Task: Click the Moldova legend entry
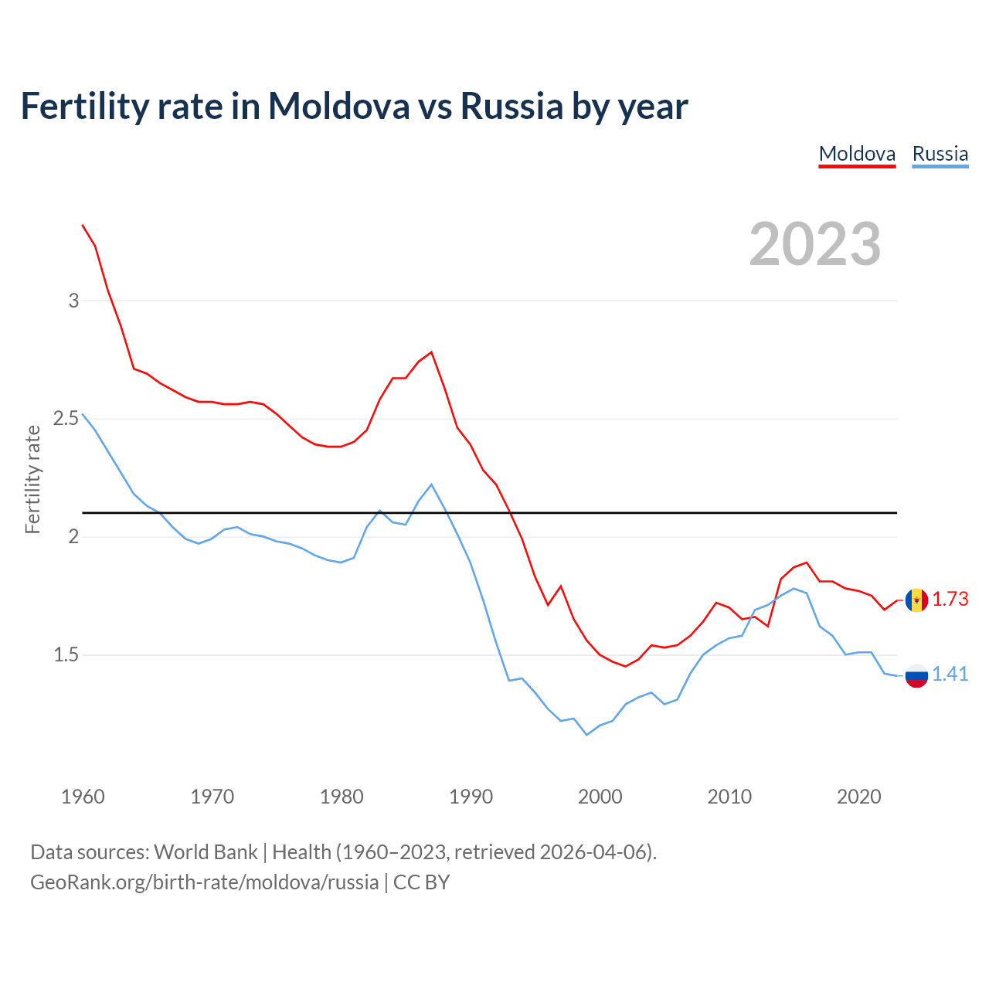pos(857,154)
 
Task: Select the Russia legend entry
pos(940,154)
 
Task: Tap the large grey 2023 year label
pos(815,244)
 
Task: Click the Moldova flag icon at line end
pos(916,600)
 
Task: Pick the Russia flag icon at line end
pos(916,675)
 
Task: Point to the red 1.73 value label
pos(950,599)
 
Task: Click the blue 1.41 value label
pos(950,674)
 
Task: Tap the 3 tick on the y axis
pos(74,301)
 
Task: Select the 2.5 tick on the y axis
pos(66,419)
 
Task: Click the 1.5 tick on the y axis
pos(66,655)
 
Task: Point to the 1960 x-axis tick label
pos(83,797)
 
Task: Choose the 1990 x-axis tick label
pos(471,797)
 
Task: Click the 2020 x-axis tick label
pos(858,797)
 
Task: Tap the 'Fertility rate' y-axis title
pos(32,479)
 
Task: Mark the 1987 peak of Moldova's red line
pos(431,352)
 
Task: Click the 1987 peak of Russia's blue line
pos(431,484)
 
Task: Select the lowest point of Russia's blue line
pos(587,735)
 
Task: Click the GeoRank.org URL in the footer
pos(204,882)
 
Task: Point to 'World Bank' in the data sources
pos(206,852)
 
